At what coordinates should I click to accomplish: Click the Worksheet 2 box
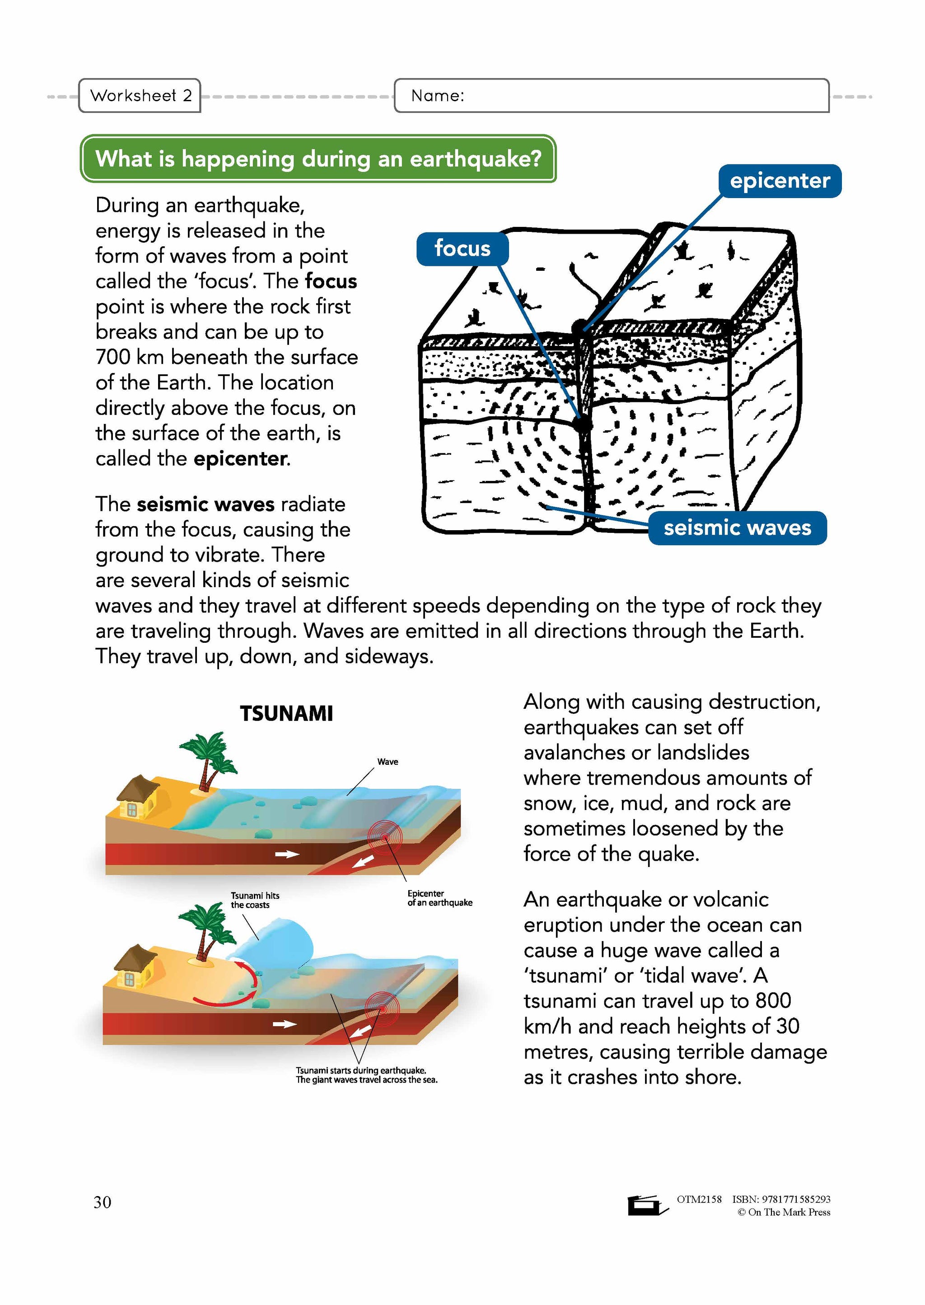140,95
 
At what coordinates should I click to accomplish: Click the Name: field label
438,96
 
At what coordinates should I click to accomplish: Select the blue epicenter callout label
779,181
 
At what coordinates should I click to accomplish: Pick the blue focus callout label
462,249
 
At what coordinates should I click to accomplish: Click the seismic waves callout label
737,528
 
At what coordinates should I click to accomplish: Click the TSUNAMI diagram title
286,713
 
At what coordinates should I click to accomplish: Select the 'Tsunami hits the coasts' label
255,900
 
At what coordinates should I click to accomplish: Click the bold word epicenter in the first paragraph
240,459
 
